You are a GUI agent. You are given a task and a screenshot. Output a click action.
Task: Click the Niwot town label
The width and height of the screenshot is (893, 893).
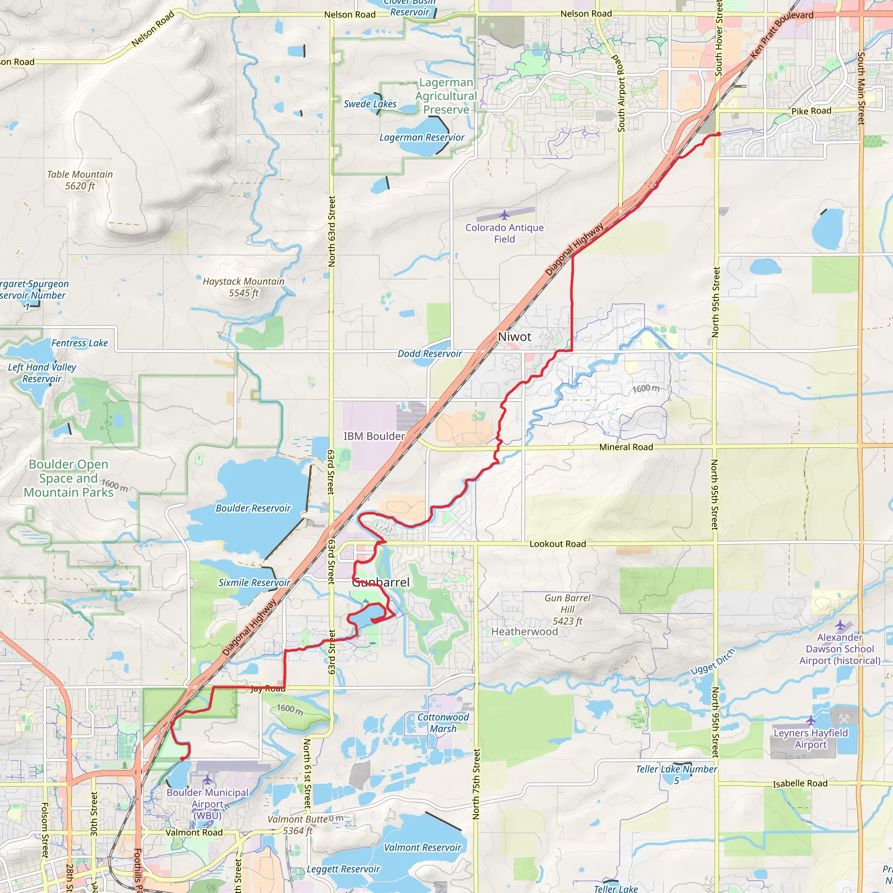click(515, 337)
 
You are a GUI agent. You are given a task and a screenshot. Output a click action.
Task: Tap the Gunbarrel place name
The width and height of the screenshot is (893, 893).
click(381, 583)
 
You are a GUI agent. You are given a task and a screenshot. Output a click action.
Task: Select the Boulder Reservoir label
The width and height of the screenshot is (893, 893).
click(253, 508)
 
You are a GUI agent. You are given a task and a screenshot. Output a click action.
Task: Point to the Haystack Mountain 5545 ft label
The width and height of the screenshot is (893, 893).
click(244, 287)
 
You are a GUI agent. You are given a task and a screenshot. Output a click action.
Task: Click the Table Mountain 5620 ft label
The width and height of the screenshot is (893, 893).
click(80, 180)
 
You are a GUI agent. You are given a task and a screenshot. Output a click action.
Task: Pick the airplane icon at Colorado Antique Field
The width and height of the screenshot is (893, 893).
click(504, 215)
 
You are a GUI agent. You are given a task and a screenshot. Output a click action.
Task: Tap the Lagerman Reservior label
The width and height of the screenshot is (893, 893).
click(422, 137)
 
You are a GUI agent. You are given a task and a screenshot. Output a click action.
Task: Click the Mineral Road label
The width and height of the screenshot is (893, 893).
click(626, 447)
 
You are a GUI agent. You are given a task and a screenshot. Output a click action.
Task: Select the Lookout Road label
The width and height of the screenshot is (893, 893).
click(557, 544)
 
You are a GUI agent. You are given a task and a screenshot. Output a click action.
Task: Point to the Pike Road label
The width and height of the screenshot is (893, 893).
click(811, 111)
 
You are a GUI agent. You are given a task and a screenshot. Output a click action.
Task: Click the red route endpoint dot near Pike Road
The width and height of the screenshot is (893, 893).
click(718, 134)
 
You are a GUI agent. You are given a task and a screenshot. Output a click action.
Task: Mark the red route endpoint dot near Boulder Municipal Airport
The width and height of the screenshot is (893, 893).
click(183, 759)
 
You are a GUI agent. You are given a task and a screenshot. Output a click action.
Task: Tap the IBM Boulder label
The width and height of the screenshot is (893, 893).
click(374, 436)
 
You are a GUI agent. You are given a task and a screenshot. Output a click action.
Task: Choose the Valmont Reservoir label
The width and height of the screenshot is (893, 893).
click(423, 847)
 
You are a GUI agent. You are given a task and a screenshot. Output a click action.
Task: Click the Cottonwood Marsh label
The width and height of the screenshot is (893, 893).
click(443, 723)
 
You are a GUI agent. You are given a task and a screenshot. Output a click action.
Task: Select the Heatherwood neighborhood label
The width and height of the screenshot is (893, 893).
click(524, 631)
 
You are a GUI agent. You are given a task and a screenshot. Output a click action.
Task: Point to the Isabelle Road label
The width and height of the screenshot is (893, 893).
click(800, 784)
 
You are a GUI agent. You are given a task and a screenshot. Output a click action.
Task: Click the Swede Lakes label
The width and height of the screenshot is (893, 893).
click(370, 104)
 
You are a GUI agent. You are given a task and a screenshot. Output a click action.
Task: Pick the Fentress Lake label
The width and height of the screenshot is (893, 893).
click(79, 343)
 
